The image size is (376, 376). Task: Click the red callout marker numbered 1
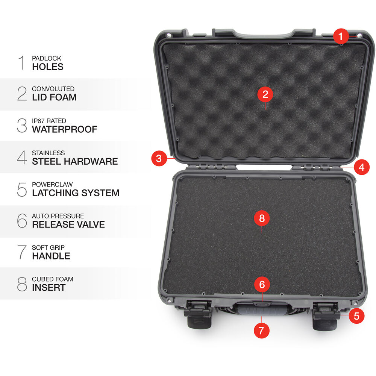[341, 36]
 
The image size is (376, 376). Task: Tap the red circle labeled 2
[265, 94]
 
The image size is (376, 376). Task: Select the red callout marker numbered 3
[159, 158]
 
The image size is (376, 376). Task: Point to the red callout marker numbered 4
[362, 167]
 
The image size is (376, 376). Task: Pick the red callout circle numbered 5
[356, 316]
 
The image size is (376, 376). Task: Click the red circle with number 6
[262, 284]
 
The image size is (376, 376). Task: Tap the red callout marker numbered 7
[261, 331]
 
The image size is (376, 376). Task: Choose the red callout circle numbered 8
[262, 218]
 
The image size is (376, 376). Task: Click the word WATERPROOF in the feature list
[65, 129]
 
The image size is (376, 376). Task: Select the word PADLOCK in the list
[47, 58]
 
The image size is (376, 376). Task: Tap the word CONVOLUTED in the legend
[53, 89]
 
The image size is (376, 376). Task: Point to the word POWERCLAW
[52, 184]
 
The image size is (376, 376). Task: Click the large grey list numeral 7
[22, 252]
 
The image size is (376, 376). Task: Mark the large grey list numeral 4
[22, 157]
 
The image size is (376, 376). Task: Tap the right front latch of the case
[326, 316]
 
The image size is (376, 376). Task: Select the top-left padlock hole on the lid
[169, 35]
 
